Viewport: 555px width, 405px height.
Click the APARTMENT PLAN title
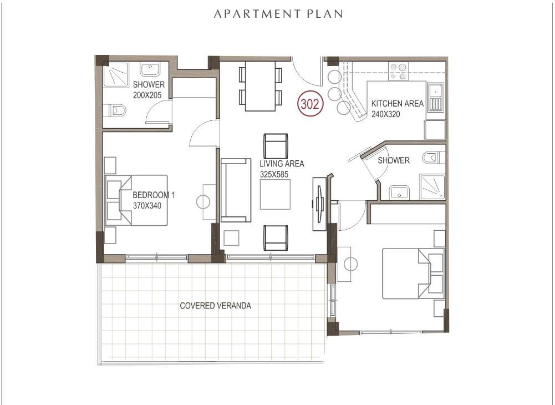coord(278,14)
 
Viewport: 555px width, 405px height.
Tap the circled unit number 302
coord(310,104)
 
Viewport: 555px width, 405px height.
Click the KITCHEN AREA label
coord(397,103)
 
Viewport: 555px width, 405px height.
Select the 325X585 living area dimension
coord(274,174)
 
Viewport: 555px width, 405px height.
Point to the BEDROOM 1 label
coord(154,195)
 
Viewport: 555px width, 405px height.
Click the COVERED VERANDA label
coord(215,306)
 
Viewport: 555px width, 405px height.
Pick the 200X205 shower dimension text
coord(147,95)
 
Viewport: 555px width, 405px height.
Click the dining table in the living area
coord(260,86)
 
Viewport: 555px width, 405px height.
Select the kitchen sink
coord(435,97)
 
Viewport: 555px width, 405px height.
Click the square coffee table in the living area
coord(275,195)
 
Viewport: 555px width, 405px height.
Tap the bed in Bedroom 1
coord(136,200)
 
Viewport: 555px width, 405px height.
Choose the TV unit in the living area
coord(319,204)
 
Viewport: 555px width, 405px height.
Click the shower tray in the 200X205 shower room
coord(116,75)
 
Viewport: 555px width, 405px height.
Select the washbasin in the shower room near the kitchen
coord(399,193)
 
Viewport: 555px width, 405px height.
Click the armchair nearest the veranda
coord(276,238)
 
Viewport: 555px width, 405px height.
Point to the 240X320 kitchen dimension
coord(385,114)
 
